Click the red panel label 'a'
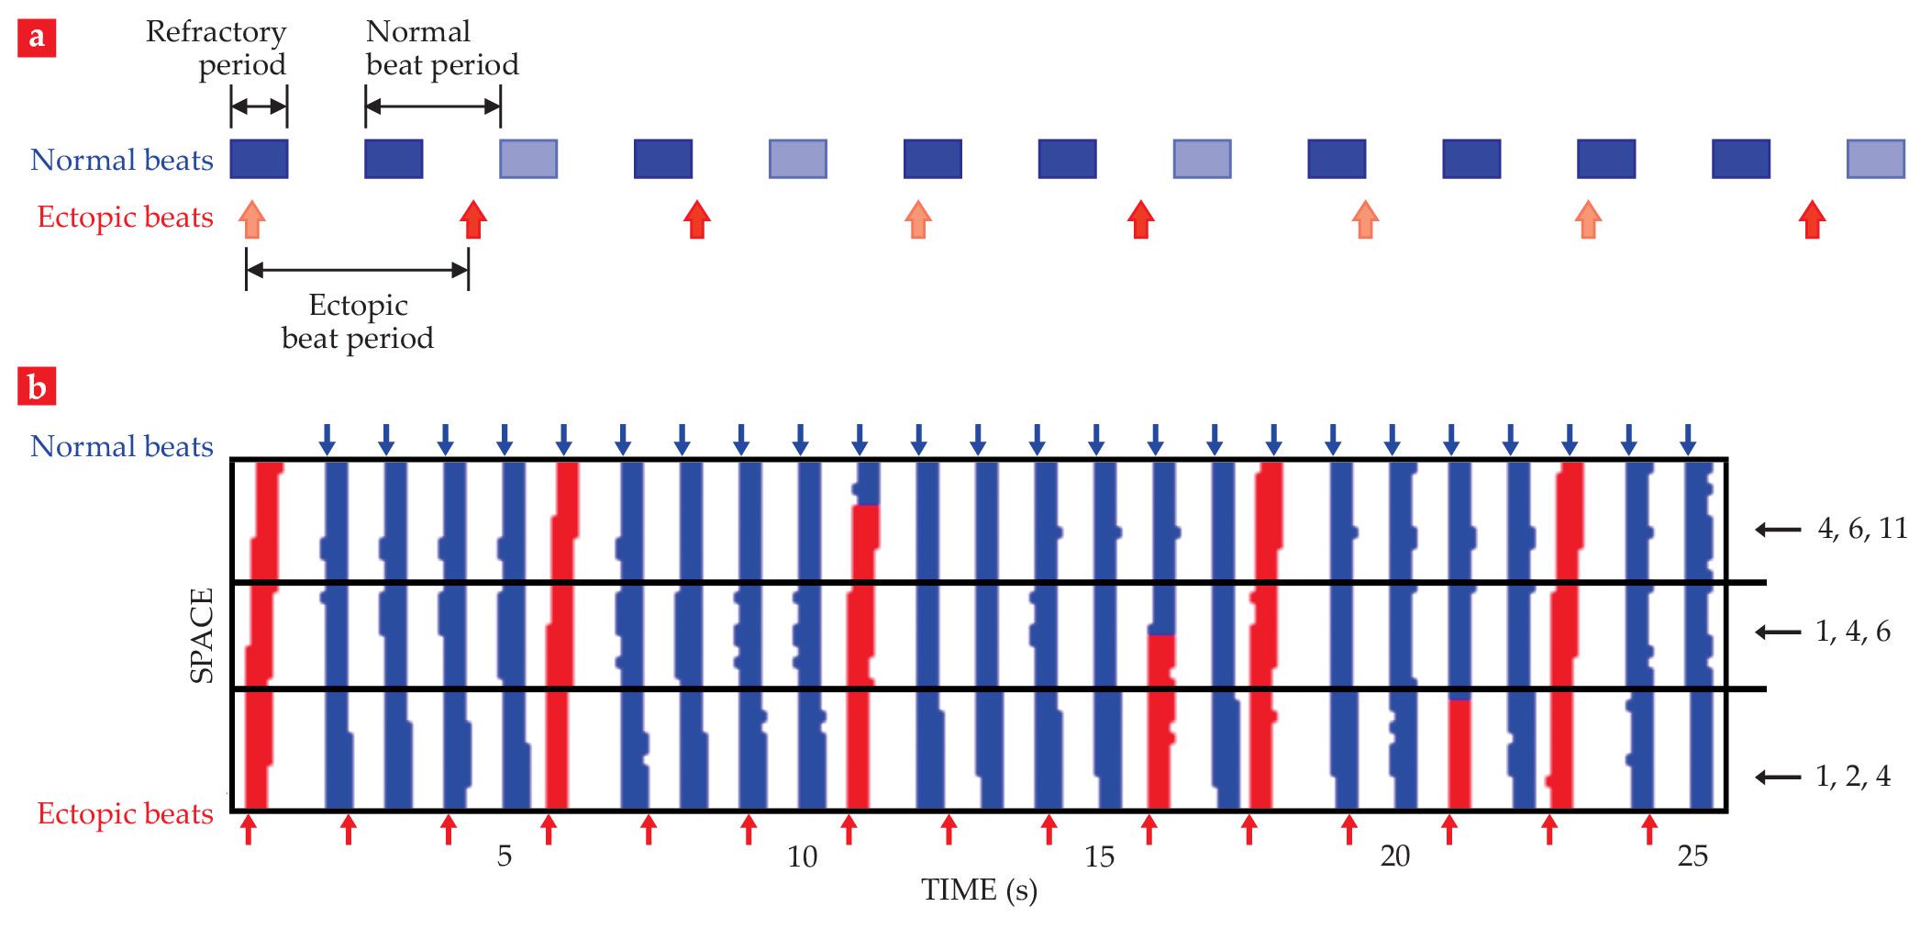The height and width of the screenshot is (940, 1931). pyautogui.click(x=37, y=38)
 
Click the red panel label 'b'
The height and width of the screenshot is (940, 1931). pyautogui.click(x=37, y=386)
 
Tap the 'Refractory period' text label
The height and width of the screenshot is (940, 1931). pyautogui.click(x=216, y=48)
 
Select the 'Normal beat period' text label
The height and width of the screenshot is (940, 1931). pyautogui.click(x=441, y=48)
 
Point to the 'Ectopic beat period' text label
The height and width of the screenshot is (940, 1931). pyautogui.click(x=358, y=321)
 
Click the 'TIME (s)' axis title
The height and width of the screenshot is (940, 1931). pyautogui.click(x=979, y=890)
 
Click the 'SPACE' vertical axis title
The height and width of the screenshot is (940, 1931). pyautogui.click(x=201, y=635)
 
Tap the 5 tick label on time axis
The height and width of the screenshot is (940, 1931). pyautogui.click(x=504, y=856)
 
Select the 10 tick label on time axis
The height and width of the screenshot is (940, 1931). pyautogui.click(x=802, y=856)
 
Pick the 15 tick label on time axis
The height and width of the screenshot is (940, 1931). pyautogui.click(x=1099, y=856)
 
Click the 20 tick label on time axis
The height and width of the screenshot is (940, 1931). pyautogui.click(x=1394, y=856)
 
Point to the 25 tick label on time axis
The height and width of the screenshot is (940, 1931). pyautogui.click(x=1692, y=856)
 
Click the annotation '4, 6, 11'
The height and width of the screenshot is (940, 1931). pyautogui.click(x=1862, y=528)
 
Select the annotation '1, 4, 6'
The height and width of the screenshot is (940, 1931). pyautogui.click(x=1853, y=632)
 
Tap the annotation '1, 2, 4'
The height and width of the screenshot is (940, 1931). pyautogui.click(x=1853, y=777)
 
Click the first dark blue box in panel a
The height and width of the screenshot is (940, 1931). pyautogui.click(x=259, y=159)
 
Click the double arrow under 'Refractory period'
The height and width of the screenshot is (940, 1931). pyautogui.click(x=259, y=106)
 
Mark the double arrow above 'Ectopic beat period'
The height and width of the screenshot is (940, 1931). pyautogui.click(x=358, y=270)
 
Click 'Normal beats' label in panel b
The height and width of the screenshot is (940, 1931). pyautogui.click(x=122, y=446)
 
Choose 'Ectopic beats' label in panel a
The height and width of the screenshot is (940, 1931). pyautogui.click(x=126, y=218)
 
